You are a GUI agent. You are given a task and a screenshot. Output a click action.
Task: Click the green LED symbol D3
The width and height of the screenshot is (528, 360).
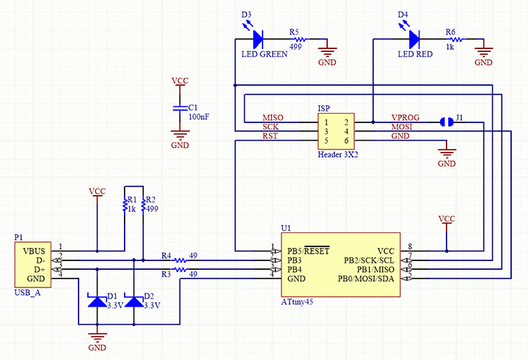[257, 37]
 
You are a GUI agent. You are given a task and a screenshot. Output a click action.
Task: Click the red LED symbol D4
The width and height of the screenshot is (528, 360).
[414, 37]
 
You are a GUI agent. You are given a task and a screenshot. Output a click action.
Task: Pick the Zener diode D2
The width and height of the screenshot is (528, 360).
[133, 301]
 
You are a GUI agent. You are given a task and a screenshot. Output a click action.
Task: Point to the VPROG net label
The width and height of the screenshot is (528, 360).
[405, 117]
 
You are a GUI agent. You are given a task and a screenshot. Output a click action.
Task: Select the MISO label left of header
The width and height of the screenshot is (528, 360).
[273, 118]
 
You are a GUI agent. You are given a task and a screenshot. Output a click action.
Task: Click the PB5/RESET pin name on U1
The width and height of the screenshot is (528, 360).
[309, 250]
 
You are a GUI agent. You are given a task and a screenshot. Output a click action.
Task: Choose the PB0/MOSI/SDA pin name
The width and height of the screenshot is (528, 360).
[366, 279]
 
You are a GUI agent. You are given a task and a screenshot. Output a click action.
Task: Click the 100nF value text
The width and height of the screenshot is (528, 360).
[199, 117]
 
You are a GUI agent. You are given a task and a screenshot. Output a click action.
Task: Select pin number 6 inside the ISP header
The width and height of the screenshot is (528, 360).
[346, 140]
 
